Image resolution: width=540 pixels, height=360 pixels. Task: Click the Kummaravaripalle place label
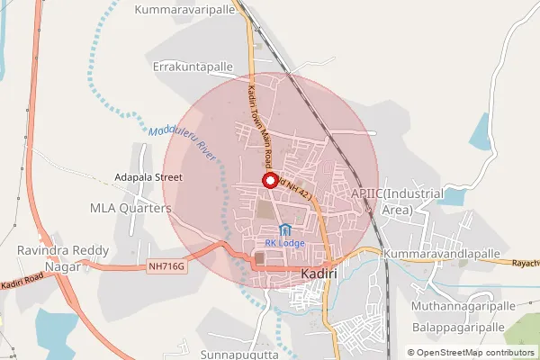point(184,10)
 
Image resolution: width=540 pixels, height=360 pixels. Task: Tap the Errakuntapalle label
point(193,67)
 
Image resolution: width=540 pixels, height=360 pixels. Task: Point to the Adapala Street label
point(148,177)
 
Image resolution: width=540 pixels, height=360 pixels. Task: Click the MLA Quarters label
point(130,208)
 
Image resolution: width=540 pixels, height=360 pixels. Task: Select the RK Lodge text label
point(285,243)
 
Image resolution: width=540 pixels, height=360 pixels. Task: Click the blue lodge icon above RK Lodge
point(285,229)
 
